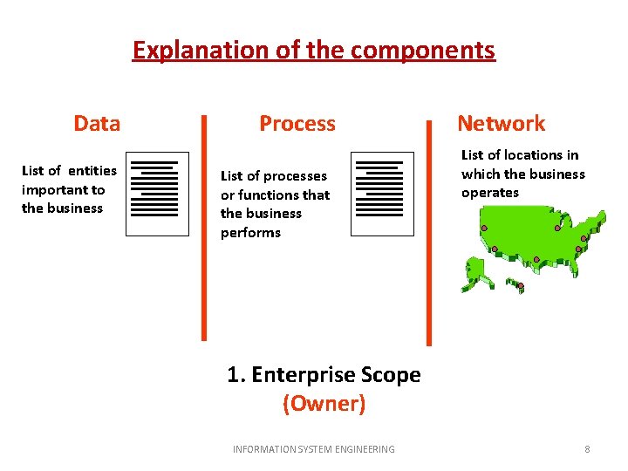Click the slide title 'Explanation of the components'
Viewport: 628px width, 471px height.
click(313, 51)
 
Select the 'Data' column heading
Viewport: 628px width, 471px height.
click(97, 124)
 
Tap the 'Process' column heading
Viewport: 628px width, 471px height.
click(297, 124)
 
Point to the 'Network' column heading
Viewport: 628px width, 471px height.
click(501, 124)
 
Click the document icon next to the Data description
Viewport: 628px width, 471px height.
click(157, 194)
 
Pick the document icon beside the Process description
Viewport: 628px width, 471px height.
click(382, 194)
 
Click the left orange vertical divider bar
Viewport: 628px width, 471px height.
click(204, 227)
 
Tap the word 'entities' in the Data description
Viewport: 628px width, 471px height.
click(92, 171)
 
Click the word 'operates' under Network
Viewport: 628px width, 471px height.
click(489, 193)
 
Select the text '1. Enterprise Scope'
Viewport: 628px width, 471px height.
click(324, 375)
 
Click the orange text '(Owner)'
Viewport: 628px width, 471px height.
click(324, 404)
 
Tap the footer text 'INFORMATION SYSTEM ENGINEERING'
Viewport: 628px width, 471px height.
click(313, 449)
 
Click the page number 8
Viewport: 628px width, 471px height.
click(587, 449)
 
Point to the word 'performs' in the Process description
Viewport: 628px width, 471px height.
click(250, 233)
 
